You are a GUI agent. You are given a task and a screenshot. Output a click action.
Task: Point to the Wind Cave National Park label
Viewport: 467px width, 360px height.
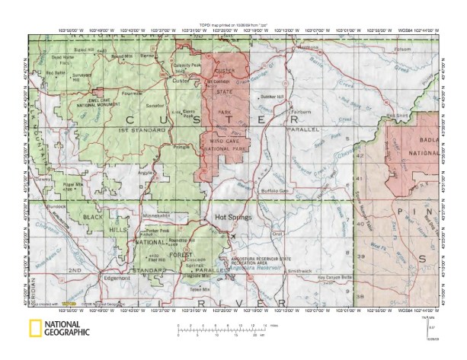225,145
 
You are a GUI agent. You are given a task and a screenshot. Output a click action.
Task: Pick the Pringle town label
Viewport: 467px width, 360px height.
181,145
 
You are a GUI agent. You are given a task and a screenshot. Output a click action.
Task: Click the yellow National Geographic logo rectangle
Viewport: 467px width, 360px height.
34,329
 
